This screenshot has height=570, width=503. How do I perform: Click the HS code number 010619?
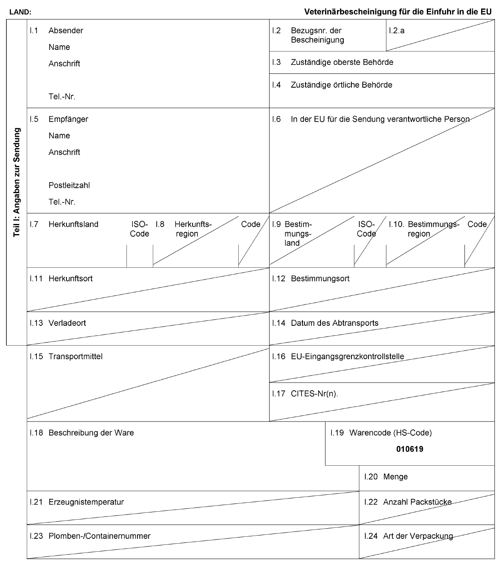[x=409, y=449]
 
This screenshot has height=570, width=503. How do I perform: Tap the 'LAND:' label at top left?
[x=20, y=12]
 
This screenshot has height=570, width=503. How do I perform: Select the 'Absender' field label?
[x=66, y=30]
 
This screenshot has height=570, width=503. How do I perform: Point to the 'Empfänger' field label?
[x=68, y=119]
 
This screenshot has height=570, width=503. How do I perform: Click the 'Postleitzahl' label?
[x=69, y=185]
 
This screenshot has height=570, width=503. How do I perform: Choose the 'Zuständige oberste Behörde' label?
[x=342, y=62]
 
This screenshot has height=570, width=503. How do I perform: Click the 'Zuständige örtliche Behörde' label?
[x=341, y=85]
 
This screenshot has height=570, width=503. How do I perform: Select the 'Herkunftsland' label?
[x=73, y=224]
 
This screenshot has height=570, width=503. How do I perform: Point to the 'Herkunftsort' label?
[x=71, y=279]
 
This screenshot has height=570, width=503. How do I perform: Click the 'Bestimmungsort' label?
[x=320, y=279]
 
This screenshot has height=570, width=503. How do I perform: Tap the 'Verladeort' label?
[x=67, y=323]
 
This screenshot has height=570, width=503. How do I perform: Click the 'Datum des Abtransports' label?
[x=334, y=323]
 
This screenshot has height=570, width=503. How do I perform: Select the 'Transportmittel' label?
[x=75, y=356]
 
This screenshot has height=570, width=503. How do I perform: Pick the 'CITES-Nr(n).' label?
[x=314, y=394]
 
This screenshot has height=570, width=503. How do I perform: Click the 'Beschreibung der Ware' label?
[x=91, y=432]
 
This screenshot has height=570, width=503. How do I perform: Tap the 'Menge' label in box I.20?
[x=395, y=477]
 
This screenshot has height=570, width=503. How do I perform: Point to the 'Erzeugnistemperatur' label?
[x=86, y=502]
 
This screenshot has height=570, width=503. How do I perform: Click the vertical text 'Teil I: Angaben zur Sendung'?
[x=17, y=182]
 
